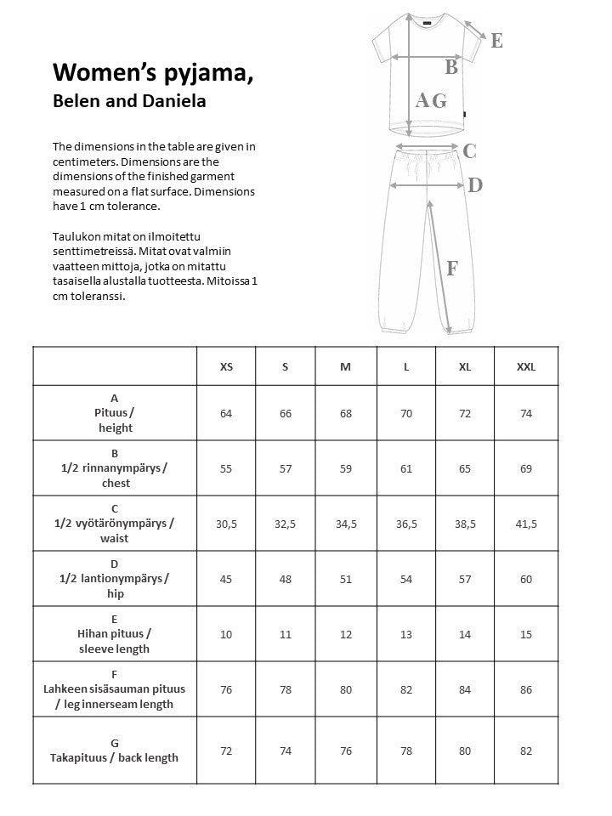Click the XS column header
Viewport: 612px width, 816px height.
tap(226, 367)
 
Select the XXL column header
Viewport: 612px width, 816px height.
tap(526, 367)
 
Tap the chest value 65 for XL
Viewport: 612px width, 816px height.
tap(465, 468)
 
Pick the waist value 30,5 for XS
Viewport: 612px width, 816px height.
tap(226, 524)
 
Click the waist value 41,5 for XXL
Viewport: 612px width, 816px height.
tap(526, 524)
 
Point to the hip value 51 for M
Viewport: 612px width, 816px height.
tap(345, 579)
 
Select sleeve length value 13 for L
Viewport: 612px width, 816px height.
tap(406, 634)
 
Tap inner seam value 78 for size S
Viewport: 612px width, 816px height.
tap(286, 689)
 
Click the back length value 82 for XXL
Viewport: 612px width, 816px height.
tap(526, 751)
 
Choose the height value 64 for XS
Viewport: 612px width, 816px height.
tap(226, 413)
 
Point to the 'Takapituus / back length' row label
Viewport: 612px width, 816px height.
tap(115, 757)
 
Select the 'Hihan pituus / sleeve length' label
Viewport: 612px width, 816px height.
tap(115, 642)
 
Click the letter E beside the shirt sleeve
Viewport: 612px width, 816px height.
tap(496, 40)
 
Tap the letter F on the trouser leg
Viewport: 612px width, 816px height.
tap(451, 269)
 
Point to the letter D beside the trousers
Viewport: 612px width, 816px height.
tap(475, 184)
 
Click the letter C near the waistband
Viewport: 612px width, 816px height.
tap(469, 151)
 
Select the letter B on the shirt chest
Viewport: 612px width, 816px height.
tap(451, 66)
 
